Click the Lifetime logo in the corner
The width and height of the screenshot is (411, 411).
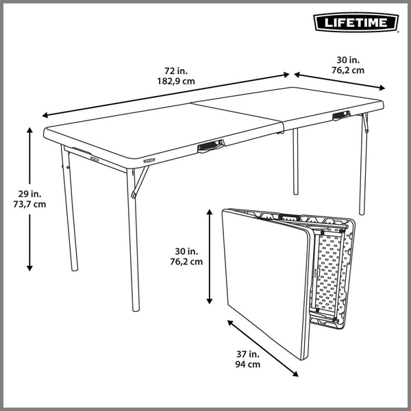point(356,23)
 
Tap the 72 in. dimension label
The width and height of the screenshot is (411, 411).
point(176,71)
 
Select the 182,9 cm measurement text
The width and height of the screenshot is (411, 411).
point(176,82)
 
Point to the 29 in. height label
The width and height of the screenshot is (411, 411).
point(29,194)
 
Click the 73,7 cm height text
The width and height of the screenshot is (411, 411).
point(29,204)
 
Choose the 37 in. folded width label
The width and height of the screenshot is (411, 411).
point(248,354)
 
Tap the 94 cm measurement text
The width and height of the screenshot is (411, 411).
point(248,364)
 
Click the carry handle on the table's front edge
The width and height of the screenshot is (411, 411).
point(211,146)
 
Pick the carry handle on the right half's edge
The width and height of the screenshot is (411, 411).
point(341,115)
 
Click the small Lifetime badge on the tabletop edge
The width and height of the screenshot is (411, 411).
point(149,160)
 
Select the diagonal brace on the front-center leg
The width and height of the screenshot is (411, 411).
point(140,182)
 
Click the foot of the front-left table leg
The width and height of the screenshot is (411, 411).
point(75,269)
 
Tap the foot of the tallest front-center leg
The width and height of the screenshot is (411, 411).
point(136,309)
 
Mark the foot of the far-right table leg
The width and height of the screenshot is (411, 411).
point(362,212)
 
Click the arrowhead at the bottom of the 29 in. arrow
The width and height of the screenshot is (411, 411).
point(29,268)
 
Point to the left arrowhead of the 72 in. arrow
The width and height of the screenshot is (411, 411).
point(45,115)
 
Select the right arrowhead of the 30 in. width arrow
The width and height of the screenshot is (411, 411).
point(382,88)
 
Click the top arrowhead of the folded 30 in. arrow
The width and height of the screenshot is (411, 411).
point(209,212)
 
